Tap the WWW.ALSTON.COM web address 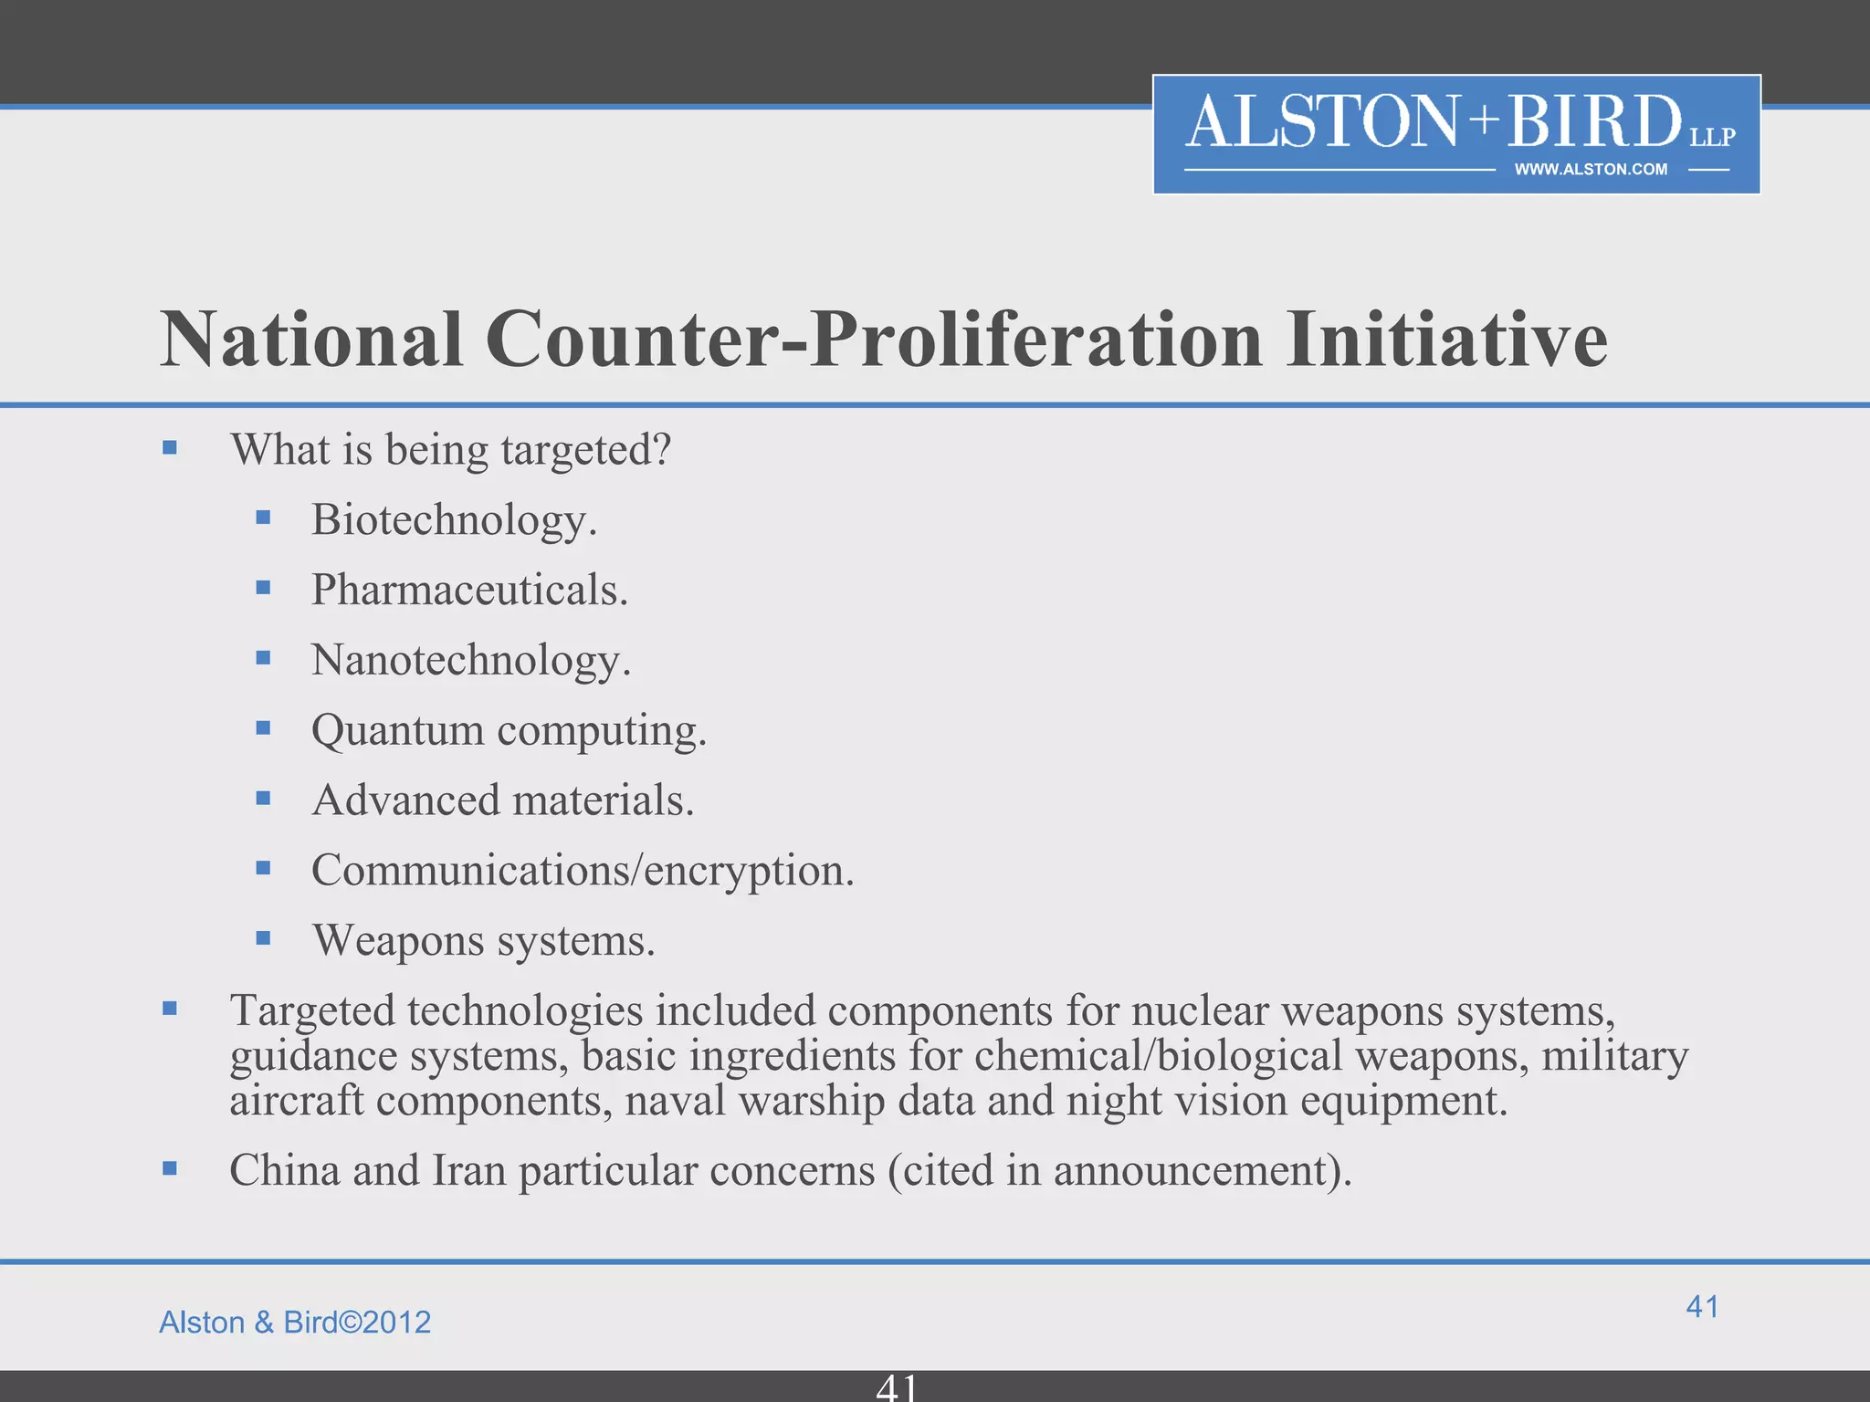click(x=1590, y=170)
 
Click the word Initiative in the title click(x=1446, y=340)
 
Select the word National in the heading click(x=311, y=340)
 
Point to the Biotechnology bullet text click(x=454, y=520)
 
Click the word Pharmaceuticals click(x=469, y=591)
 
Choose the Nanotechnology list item click(x=470, y=661)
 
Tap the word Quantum click(x=397, y=731)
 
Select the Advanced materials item click(x=502, y=800)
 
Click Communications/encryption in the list click(x=582, y=871)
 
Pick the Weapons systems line click(x=483, y=941)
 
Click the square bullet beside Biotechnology click(x=264, y=518)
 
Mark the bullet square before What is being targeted click(x=170, y=448)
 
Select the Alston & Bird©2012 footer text click(x=295, y=1323)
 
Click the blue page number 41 click(x=1702, y=1307)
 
